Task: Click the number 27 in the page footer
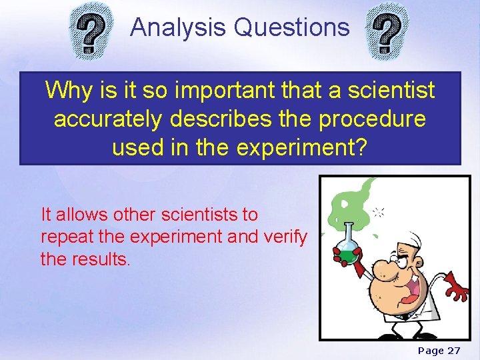coord(453,351)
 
